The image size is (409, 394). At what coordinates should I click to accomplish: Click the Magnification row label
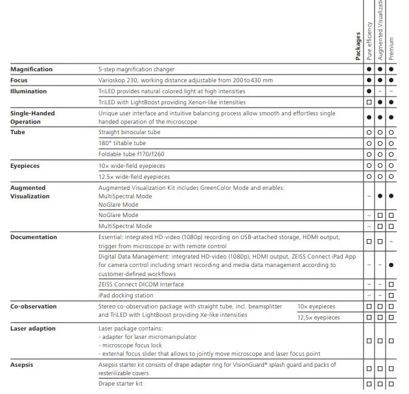(x=32, y=69)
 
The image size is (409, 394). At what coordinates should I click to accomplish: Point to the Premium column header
(x=391, y=49)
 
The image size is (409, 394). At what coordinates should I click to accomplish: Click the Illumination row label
(x=29, y=91)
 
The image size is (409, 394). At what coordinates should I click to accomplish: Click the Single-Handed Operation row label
(x=32, y=117)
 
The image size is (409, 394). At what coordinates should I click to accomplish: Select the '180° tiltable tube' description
(x=122, y=143)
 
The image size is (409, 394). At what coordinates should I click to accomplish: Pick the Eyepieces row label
(x=25, y=166)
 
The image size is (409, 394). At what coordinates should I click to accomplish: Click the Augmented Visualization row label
(x=30, y=192)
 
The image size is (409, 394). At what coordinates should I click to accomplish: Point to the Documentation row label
(x=34, y=237)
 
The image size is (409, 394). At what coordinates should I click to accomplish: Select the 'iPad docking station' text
(x=126, y=295)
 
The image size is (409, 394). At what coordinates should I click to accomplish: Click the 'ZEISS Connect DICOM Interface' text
(x=141, y=284)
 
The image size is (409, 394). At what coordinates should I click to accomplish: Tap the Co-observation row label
(x=33, y=307)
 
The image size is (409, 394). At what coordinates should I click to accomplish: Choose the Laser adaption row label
(x=33, y=329)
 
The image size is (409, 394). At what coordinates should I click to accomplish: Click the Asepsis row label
(x=22, y=365)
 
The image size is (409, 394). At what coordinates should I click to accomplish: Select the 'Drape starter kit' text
(x=121, y=384)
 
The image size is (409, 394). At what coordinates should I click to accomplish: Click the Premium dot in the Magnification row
(x=391, y=69)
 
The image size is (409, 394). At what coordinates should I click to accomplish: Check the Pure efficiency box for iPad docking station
(x=369, y=295)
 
